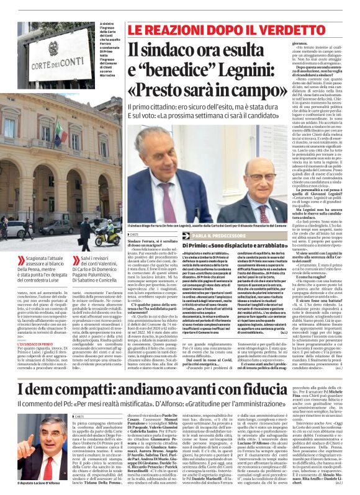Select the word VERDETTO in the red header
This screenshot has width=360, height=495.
point(272,29)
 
